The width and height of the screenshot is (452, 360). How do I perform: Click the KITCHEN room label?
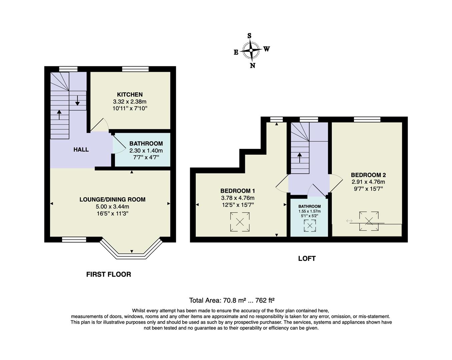click(x=129, y=95)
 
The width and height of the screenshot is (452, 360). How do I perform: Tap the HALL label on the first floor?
click(x=81, y=150)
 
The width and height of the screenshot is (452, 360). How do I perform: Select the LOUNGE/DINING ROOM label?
click(x=112, y=200)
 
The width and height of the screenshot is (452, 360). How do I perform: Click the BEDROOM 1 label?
click(x=238, y=191)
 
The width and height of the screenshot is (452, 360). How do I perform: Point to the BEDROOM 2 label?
click(x=368, y=175)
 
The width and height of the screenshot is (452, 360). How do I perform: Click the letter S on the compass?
click(x=249, y=36)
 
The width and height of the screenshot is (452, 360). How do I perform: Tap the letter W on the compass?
click(x=267, y=49)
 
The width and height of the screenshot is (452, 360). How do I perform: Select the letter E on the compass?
click(x=236, y=52)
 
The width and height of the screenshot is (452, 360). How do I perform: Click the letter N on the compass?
click(x=253, y=66)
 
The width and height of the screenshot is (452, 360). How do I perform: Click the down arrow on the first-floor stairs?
click(x=77, y=100)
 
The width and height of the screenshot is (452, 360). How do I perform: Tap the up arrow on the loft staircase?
click(x=300, y=157)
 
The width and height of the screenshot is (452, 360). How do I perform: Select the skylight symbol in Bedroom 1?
click(x=240, y=222)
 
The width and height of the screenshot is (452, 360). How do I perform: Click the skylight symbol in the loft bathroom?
click(x=310, y=226)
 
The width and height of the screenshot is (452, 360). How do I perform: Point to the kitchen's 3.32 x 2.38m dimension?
click(x=130, y=102)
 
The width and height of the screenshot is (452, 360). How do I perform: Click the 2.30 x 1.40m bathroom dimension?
click(x=146, y=151)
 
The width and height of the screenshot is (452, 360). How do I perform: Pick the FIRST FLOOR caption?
click(x=108, y=274)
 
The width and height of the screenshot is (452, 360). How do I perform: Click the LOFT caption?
click(x=307, y=258)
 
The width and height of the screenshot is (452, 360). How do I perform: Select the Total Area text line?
click(x=232, y=300)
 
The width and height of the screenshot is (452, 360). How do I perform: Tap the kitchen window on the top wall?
click(x=135, y=69)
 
